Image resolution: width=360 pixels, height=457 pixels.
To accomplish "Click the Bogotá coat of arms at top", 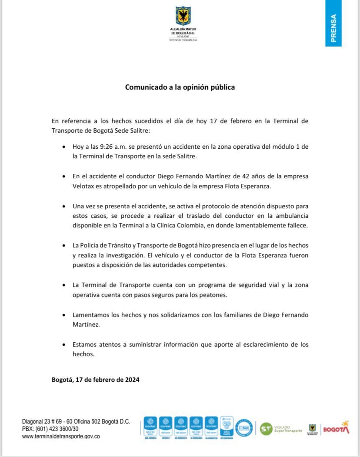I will point(183,16).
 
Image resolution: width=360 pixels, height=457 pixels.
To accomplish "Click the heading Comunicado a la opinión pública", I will point(180,87).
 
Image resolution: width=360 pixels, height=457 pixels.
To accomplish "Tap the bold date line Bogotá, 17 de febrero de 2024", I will point(95,380).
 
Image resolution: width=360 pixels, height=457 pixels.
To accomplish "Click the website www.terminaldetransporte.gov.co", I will point(61,436).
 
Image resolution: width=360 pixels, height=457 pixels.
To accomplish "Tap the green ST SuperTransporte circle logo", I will point(266,428).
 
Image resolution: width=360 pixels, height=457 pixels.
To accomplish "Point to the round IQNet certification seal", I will point(244,428).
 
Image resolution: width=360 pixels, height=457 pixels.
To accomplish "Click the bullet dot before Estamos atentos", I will point(64,345).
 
